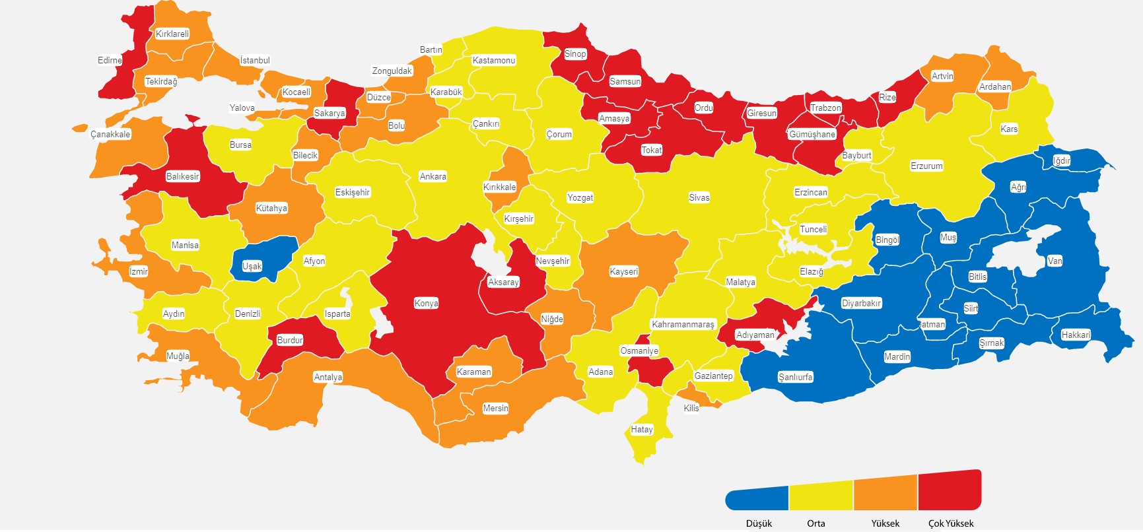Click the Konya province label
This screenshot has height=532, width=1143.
(x=426, y=304)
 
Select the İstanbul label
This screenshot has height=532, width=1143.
(x=255, y=61)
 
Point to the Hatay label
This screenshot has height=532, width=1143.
(x=641, y=430)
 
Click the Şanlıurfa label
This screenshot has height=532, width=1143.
(x=795, y=378)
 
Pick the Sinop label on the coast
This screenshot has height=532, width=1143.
(x=575, y=54)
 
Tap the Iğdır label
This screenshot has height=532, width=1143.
(x=1061, y=161)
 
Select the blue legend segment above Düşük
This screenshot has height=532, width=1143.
(x=757, y=498)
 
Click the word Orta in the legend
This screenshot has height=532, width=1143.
(x=815, y=523)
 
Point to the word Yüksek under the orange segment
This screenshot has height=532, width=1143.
(x=885, y=523)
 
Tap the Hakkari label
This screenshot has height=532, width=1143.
(x=1075, y=335)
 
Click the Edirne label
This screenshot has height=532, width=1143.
(x=110, y=61)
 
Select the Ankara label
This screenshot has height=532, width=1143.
(x=433, y=177)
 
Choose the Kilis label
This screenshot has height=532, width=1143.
(x=691, y=409)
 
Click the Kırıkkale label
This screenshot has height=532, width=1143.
(x=499, y=187)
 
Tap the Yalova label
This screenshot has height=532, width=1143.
(x=242, y=108)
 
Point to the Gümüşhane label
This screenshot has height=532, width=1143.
(x=812, y=135)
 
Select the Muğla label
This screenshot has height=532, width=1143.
(x=177, y=356)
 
